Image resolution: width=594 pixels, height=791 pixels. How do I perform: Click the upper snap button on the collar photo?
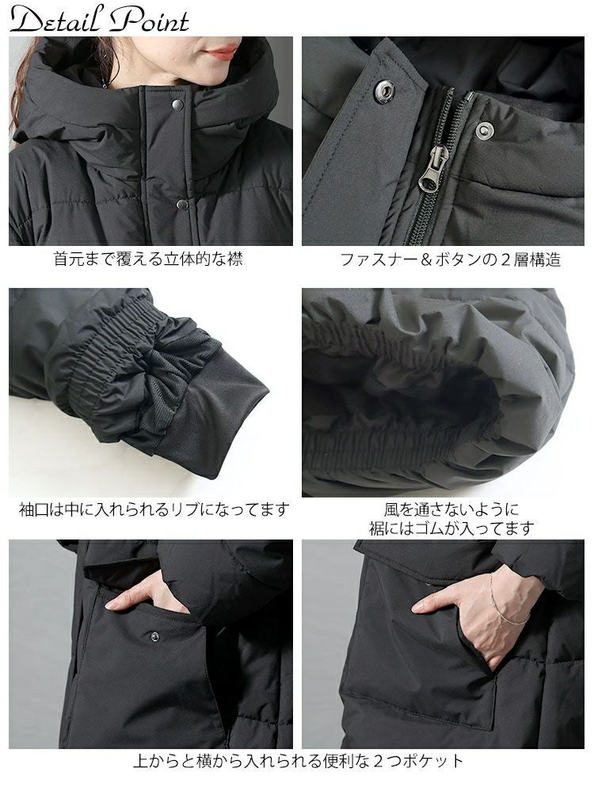tap(177, 104)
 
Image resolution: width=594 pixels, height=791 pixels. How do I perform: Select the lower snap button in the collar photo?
tap(182, 204)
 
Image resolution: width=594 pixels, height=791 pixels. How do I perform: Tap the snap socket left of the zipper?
tap(385, 92)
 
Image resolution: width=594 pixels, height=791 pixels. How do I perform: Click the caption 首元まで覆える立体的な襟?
tap(148, 259)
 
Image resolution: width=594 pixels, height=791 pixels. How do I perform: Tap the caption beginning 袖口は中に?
tap(154, 509)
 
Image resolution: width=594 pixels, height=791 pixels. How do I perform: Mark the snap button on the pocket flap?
tap(155, 636)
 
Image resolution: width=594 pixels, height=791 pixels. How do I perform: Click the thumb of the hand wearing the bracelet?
tap(428, 604)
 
